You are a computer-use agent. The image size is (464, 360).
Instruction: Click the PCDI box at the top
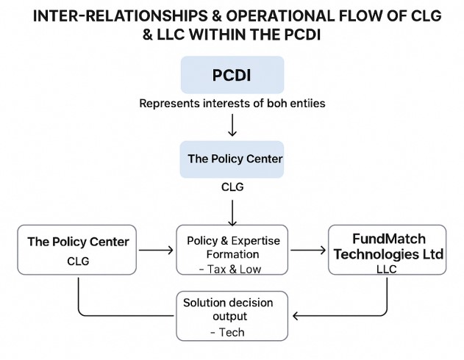tap(232, 75)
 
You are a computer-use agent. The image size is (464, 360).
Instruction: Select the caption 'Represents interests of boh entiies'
tap(232, 104)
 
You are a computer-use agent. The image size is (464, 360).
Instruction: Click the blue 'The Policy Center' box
tap(232, 159)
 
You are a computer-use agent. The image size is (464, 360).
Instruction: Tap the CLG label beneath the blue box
tap(232, 187)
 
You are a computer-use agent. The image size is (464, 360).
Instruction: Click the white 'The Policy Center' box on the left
tap(77, 250)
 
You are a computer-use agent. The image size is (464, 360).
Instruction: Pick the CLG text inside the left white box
tap(77, 261)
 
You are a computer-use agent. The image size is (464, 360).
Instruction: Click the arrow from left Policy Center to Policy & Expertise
tap(156, 251)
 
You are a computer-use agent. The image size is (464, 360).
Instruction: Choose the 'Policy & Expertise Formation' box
tap(232, 250)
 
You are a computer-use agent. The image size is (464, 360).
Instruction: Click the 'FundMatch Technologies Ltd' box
tap(388, 250)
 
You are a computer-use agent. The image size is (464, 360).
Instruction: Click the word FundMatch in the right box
tap(388, 238)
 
